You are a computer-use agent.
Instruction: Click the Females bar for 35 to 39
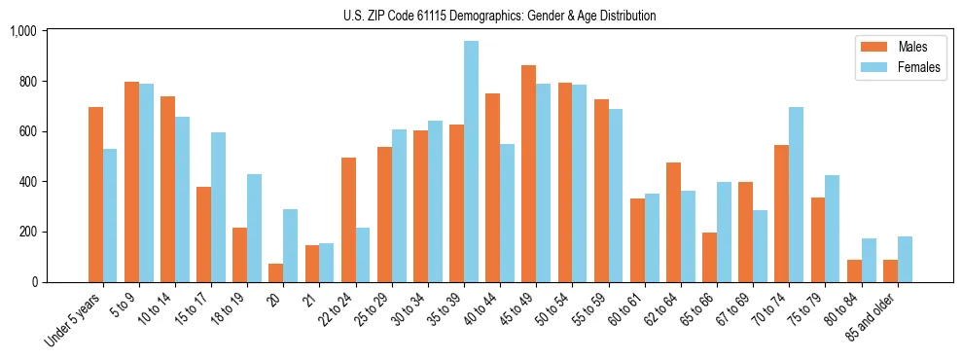[x=471, y=162]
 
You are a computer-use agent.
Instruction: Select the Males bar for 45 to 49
[x=528, y=174]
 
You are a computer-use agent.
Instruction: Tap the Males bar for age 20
[x=276, y=272]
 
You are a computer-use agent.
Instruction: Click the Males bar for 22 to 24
[x=348, y=220]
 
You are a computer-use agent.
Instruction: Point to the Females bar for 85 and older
[x=905, y=259]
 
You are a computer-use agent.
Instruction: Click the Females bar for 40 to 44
[x=507, y=213]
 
